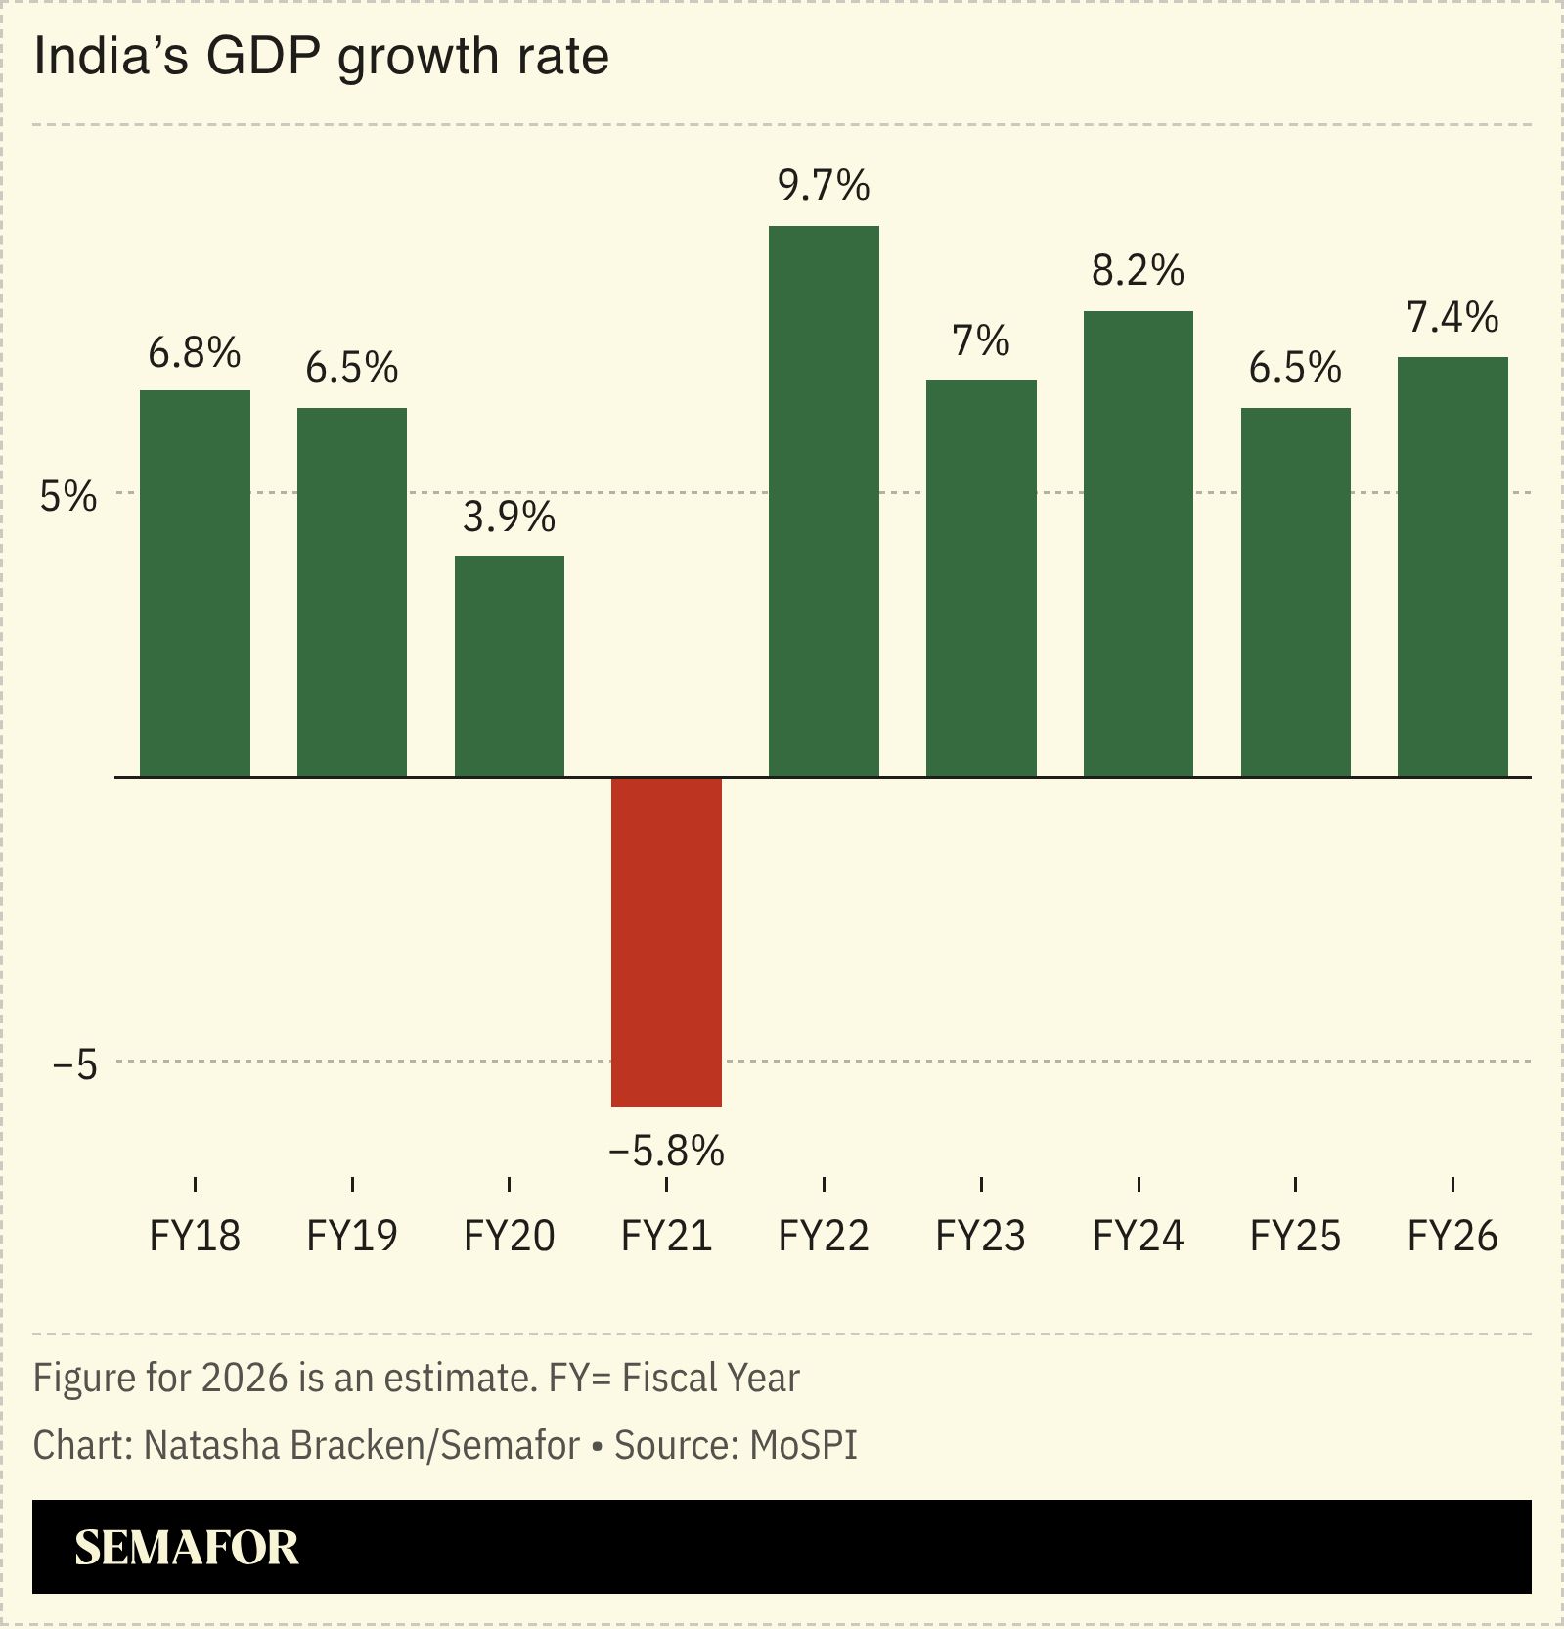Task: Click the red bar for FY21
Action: (x=666, y=941)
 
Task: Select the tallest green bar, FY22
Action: (x=824, y=501)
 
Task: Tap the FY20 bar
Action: (x=509, y=665)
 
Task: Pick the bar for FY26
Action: (x=1452, y=566)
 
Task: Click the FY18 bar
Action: (x=195, y=583)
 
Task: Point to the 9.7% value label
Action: (x=824, y=185)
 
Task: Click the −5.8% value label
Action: (x=666, y=1151)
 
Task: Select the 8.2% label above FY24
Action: (x=1138, y=270)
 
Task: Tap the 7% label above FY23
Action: (x=980, y=340)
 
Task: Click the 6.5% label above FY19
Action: (x=351, y=368)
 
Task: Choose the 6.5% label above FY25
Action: (x=1295, y=368)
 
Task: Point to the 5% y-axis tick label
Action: (x=68, y=497)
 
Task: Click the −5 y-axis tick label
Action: (x=75, y=1064)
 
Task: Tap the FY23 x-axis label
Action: (x=980, y=1236)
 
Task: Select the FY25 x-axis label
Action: (x=1295, y=1236)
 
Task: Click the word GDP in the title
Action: (x=262, y=56)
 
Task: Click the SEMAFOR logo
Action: (x=187, y=1547)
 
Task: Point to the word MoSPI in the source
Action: (x=803, y=1445)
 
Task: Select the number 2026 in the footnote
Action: (x=245, y=1378)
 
